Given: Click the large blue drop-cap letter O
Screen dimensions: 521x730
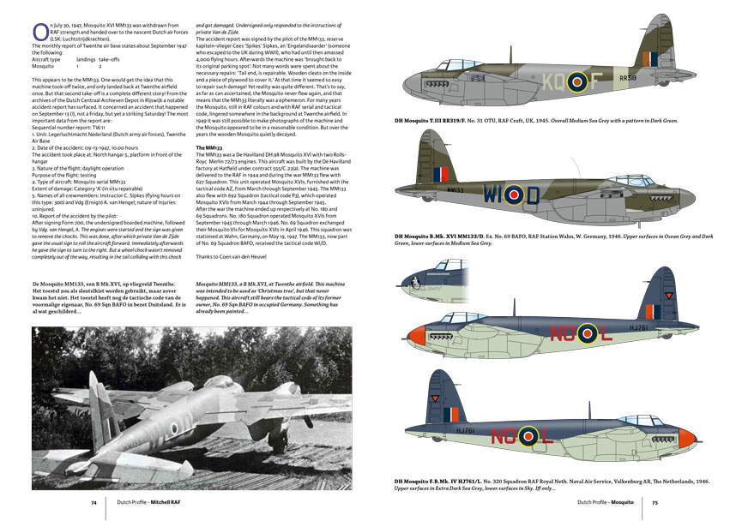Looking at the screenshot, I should point(38,31).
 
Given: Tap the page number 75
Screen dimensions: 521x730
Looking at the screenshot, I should point(655,503).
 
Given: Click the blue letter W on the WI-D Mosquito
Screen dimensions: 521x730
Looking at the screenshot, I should point(512,194).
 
